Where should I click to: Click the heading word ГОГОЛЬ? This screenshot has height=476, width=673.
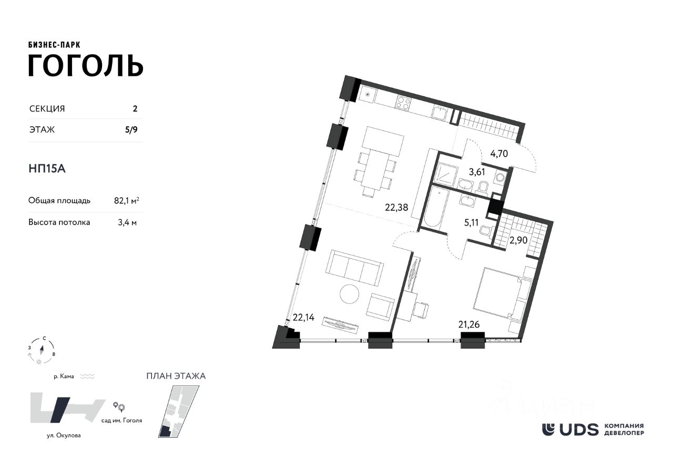click(85, 65)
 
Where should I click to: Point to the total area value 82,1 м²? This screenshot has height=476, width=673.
click(126, 200)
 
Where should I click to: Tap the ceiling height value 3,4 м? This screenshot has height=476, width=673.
click(126, 222)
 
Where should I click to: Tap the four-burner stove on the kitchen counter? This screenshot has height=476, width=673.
click(403, 103)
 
